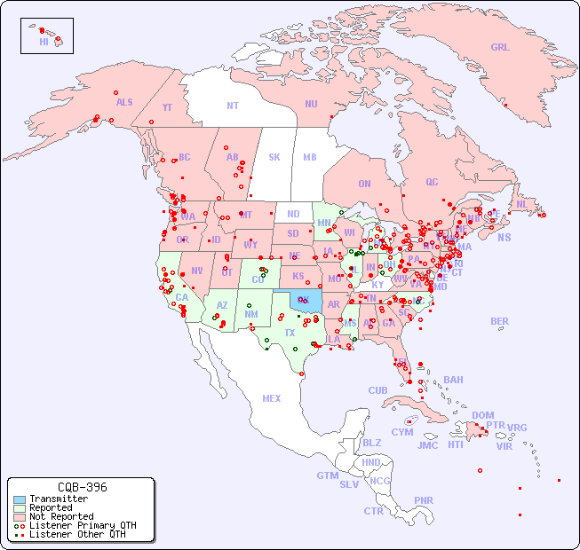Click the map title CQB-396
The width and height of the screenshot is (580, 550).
(82, 487)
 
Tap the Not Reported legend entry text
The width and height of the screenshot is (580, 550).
(61, 516)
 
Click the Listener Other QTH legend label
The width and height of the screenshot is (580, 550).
(77, 534)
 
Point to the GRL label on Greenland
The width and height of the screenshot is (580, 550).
(500, 48)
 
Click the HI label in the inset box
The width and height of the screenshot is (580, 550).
(44, 42)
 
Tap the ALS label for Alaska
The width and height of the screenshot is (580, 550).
(124, 102)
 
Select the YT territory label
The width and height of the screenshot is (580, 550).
(167, 107)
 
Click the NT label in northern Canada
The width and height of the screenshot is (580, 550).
(233, 106)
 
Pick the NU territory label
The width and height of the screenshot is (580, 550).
(311, 104)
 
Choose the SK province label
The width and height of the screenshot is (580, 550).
(274, 157)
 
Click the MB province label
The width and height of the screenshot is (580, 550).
(309, 157)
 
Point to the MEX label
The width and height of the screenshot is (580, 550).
(272, 398)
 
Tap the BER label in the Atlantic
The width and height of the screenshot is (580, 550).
(499, 321)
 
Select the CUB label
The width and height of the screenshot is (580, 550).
(377, 390)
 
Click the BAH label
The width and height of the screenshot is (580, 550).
(453, 380)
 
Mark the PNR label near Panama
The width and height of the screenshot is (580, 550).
(424, 500)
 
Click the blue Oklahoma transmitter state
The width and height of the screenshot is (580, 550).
(310, 302)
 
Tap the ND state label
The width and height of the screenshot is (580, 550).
(293, 214)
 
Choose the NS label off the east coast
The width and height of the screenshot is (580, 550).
(504, 237)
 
